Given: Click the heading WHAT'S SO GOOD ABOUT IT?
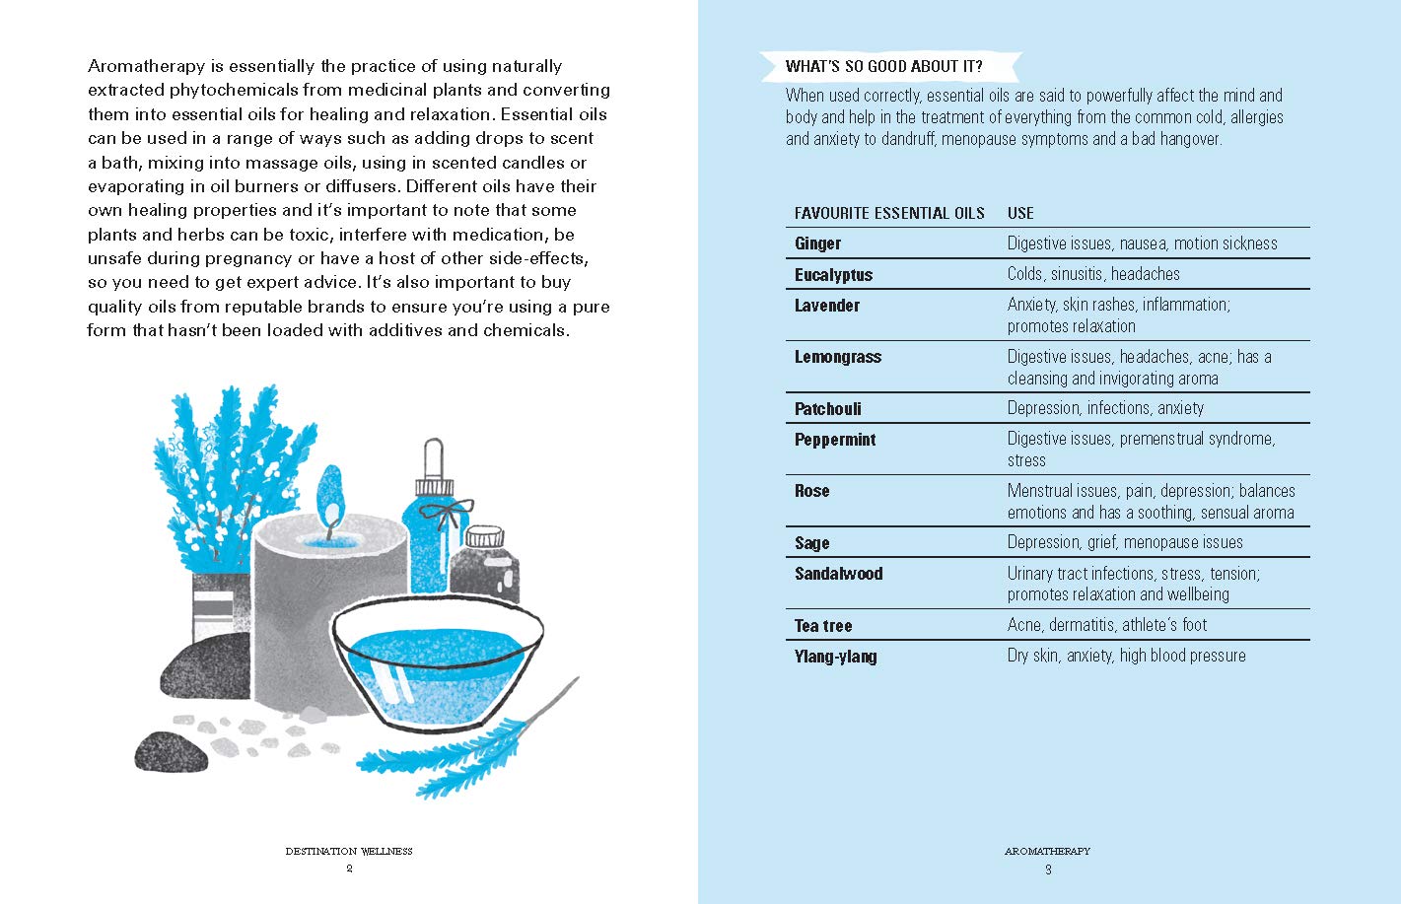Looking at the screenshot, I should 883,67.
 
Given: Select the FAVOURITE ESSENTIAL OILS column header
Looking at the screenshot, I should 889,213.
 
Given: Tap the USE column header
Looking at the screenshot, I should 1020,213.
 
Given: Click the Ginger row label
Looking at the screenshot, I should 817,243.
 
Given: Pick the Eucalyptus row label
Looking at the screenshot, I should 833,275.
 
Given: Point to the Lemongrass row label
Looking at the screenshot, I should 837,357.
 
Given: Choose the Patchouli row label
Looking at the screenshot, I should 827,409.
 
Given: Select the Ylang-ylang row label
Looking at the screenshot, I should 835,657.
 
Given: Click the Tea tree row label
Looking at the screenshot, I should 822,626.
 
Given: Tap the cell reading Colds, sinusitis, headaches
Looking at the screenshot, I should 1092,274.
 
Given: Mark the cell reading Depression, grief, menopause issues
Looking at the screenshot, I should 1124,542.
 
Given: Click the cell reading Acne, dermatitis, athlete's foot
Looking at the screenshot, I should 1106,625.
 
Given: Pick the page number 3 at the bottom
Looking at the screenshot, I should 1048,869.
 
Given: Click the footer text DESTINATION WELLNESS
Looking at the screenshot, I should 349,851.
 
